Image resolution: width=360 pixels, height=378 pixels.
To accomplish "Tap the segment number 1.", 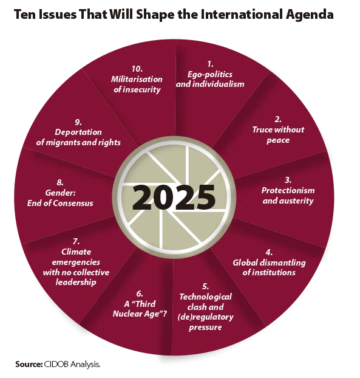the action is (x=210, y=64).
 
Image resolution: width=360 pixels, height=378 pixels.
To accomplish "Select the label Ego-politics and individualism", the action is (x=210, y=80).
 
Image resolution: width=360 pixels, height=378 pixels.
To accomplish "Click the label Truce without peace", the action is (x=278, y=135).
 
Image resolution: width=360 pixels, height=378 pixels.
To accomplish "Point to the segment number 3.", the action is (x=288, y=180).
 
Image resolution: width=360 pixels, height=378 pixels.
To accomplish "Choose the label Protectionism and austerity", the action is (x=288, y=196).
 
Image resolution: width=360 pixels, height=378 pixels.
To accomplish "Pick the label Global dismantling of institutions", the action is (x=269, y=267).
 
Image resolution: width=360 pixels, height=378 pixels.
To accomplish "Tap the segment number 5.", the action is (x=205, y=286).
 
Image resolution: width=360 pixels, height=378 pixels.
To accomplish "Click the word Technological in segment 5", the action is (x=205, y=297).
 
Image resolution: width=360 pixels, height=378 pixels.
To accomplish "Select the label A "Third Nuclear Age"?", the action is (x=140, y=309).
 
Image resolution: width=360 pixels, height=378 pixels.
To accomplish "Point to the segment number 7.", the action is (x=76, y=241).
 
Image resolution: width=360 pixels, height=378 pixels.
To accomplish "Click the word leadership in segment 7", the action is (x=76, y=283).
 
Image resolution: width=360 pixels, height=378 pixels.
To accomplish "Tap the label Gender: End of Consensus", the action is (x=60, y=198).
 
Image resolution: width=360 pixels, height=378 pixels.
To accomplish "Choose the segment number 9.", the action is (x=78, y=122).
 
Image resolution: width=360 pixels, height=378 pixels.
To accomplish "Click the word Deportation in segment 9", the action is (x=78, y=132).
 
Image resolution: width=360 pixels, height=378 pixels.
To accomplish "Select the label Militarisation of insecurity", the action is (x=137, y=84).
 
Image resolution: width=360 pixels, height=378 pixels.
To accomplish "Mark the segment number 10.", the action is (x=137, y=69).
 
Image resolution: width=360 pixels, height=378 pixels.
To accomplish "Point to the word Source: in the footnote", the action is (x=29, y=364).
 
